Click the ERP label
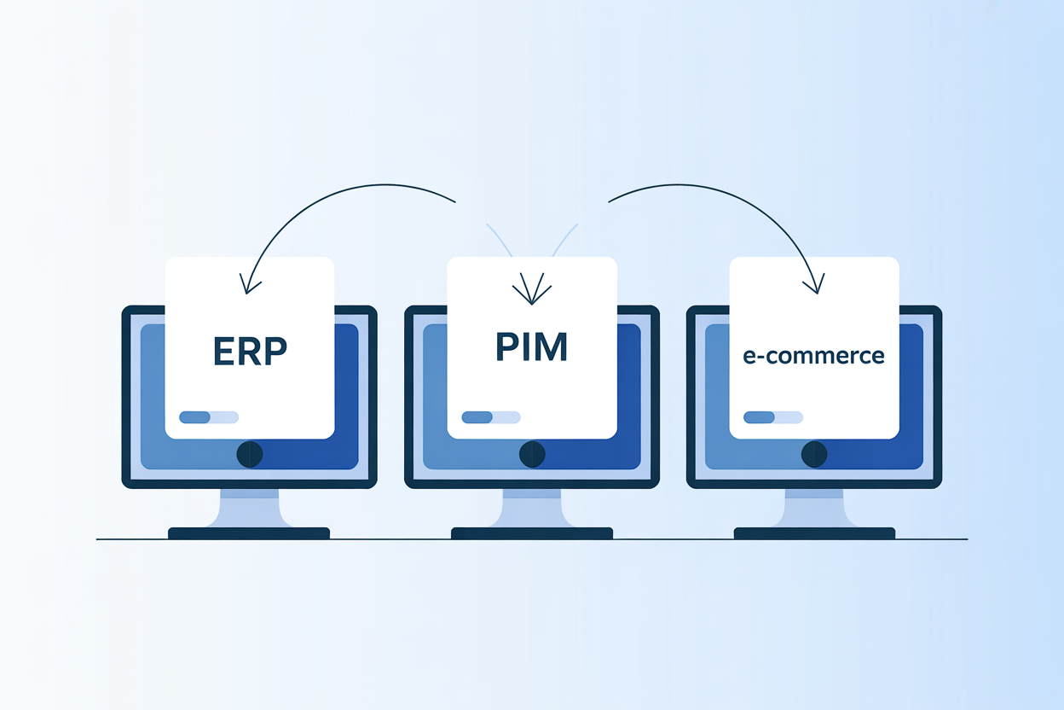[250, 351]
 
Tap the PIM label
[531, 346]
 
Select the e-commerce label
[813, 355]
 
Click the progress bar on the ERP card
[209, 417]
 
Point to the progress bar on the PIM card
[491, 417]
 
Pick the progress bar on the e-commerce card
[773, 417]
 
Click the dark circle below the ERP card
[250, 454]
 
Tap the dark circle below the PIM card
[532, 454]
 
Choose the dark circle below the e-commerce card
[814, 454]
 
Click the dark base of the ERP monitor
[249, 533]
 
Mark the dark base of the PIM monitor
[531, 533]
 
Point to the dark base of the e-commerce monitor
[814, 533]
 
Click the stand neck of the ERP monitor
[249, 508]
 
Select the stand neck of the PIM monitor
[531, 508]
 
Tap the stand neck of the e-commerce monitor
[814, 508]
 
